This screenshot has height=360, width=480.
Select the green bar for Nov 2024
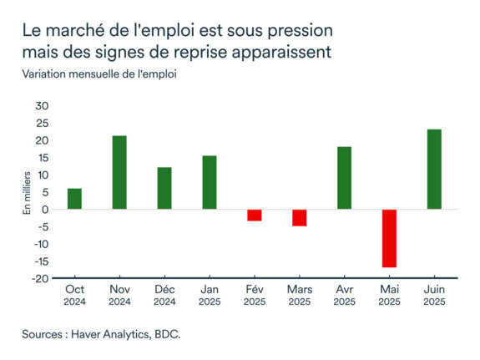pyautogui.click(x=119, y=172)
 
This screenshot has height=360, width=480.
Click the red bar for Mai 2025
pyautogui.click(x=389, y=238)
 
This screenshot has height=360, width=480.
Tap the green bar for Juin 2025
pyautogui.click(x=434, y=170)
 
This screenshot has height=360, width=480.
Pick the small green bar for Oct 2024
pyautogui.click(x=74, y=199)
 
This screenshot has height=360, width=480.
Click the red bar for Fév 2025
pyautogui.click(x=255, y=215)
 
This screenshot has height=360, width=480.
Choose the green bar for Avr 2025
pyautogui.click(x=344, y=178)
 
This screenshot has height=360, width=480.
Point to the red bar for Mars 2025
pyautogui.click(x=299, y=217)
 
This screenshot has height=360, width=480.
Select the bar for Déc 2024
pyautogui.click(x=164, y=188)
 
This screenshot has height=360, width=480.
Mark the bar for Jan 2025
pyautogui.click(x=210, y=182)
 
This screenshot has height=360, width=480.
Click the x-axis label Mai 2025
pyautogui.click(x=389, y=295)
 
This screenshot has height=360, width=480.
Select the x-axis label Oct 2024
pyautogui.click(x=74, y=295)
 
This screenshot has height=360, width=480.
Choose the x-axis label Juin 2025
pyautogui.click(x=434, y=295)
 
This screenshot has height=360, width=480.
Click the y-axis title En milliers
pyautogui.click(x=28, y=193)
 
